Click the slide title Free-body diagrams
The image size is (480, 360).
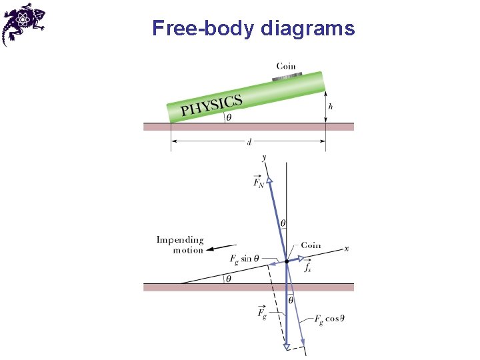click(253, 29)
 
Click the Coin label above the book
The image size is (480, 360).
click(286, 66)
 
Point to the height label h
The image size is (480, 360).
click(331, 105)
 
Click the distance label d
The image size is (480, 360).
click(248, 141)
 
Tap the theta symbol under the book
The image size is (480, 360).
click(229, 117)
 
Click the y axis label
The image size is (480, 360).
click(265, 157)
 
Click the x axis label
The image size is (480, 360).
click(346, 249)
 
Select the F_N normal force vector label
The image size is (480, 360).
click(258, 181)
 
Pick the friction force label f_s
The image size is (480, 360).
click(307, 267)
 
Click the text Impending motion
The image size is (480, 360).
click(180, 245)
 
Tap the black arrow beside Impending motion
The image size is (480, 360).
click(220, 248)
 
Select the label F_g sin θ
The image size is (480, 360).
click(244, 259)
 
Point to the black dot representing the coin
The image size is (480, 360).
click(287, 261)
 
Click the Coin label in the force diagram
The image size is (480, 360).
click(311, 245)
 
